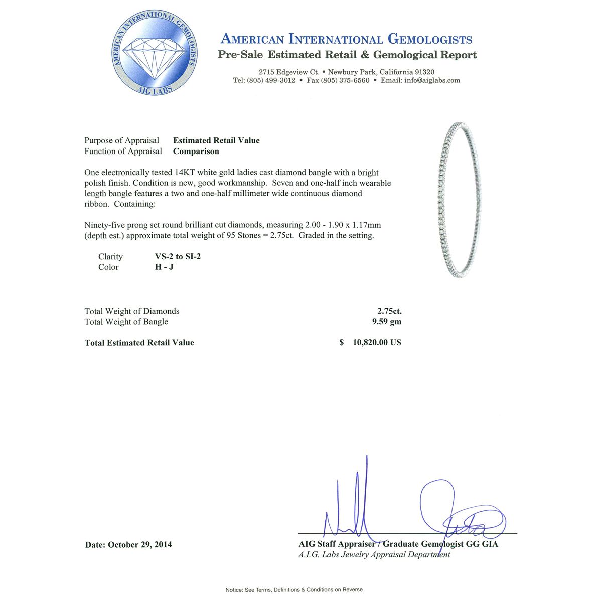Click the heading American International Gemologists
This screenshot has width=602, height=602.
[x=346, y=39]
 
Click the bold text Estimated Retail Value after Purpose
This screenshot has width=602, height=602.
[x=216, y=141]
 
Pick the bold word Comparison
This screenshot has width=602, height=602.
[x=196, y=152]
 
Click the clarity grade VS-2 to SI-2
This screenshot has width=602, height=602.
[x=178, y=257]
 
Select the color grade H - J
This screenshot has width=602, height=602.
[x=164, y=267]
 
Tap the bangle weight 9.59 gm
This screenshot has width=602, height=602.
[x=386, y=322]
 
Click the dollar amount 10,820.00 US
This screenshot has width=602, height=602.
[x=377, y=343]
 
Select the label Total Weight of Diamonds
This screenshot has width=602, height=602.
[x=132, y=311]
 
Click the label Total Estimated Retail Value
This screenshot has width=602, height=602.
[x=139, y=343]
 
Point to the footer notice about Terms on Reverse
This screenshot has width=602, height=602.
[x=294, y=590]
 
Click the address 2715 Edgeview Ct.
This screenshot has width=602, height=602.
[x=289, y=72]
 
